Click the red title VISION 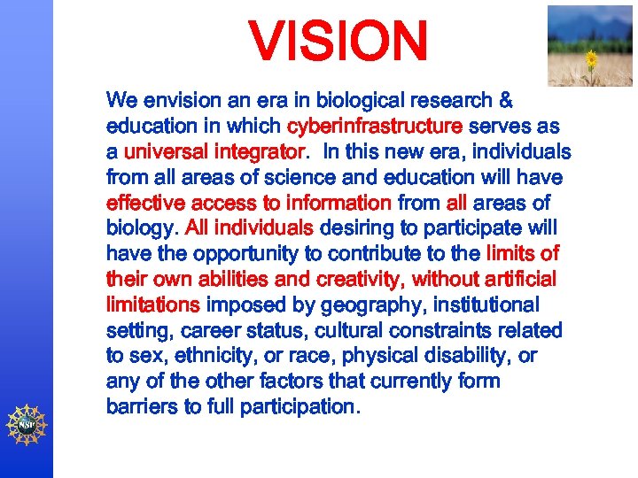pos(338,42)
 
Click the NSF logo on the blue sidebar pos(27,423)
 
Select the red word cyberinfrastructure pos(375,126)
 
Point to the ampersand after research pos(506,101)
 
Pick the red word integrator pos(256,151)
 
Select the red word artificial pos(513,280)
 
